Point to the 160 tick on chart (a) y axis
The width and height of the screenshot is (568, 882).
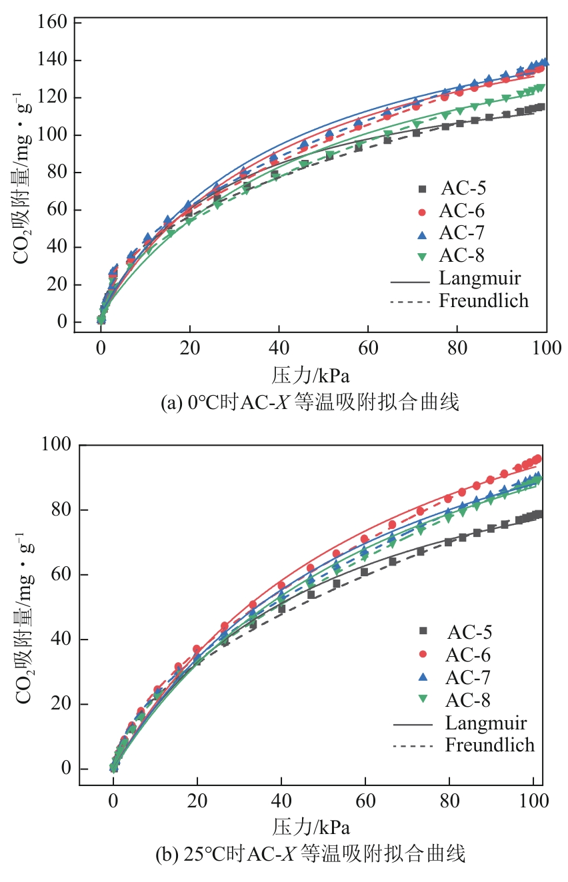tap(55, 23)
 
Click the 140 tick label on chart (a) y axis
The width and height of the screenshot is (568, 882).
tap(55, 61)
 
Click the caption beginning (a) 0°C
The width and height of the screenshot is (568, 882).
tap(310, 403)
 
